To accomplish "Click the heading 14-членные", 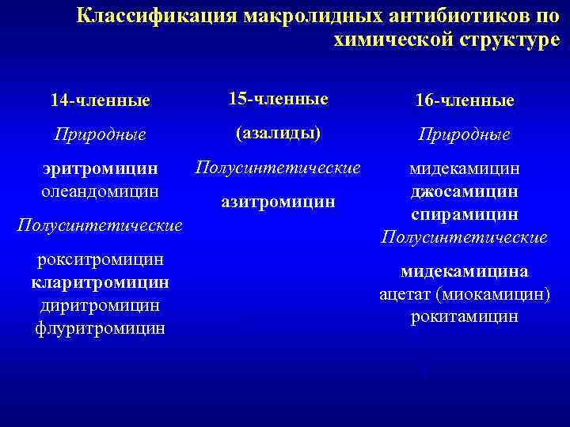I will (x=100, y=101).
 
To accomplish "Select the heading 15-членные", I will (x=278, y=99).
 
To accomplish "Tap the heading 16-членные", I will (x=465, y=100).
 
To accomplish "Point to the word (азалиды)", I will (x=278, y=133).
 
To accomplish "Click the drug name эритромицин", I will (x=101, y=168).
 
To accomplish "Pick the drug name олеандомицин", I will (x=100, y=191).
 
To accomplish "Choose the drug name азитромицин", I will (x=278, y=202).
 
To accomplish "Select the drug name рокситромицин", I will (x=100, y=259).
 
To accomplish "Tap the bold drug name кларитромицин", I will (x=100, y=282).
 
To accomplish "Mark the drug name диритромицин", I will (x=100, y=304).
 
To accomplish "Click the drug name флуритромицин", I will (x=100, y=327).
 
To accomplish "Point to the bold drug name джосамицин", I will (x=465, y=191).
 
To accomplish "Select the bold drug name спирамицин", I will (x=465, y=214).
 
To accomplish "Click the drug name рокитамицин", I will (x=465, y=316).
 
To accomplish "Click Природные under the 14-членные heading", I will (x=100, y=134).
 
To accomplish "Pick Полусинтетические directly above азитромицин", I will (x=278, y=168).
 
